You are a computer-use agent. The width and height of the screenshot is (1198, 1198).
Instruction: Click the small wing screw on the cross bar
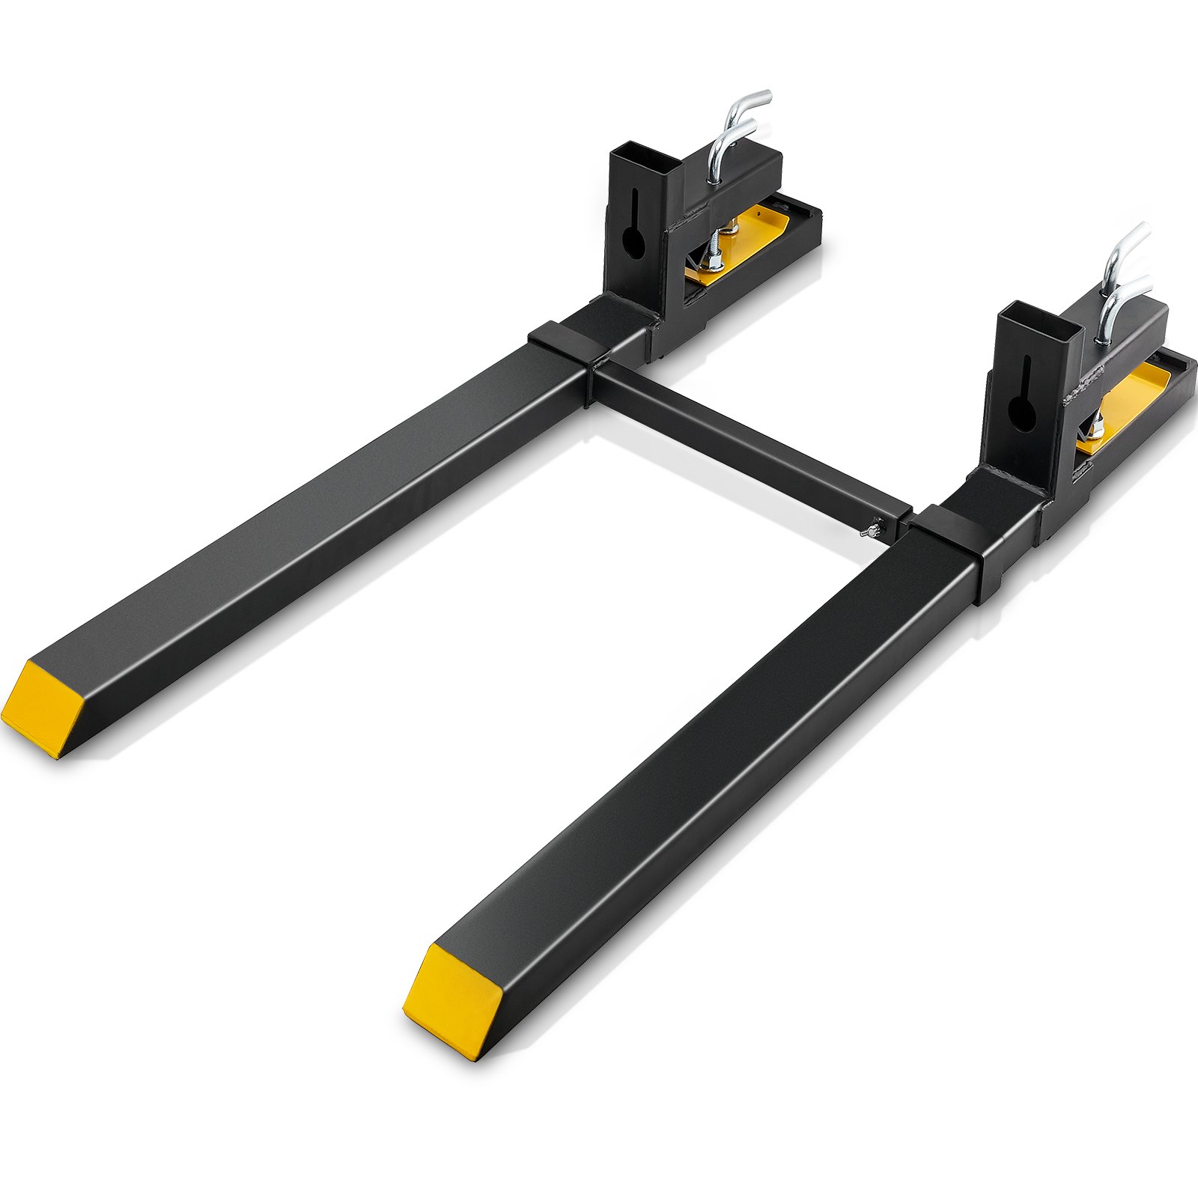tap(869, 532)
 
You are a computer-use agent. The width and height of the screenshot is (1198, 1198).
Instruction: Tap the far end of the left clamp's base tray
tap(805, 217)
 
